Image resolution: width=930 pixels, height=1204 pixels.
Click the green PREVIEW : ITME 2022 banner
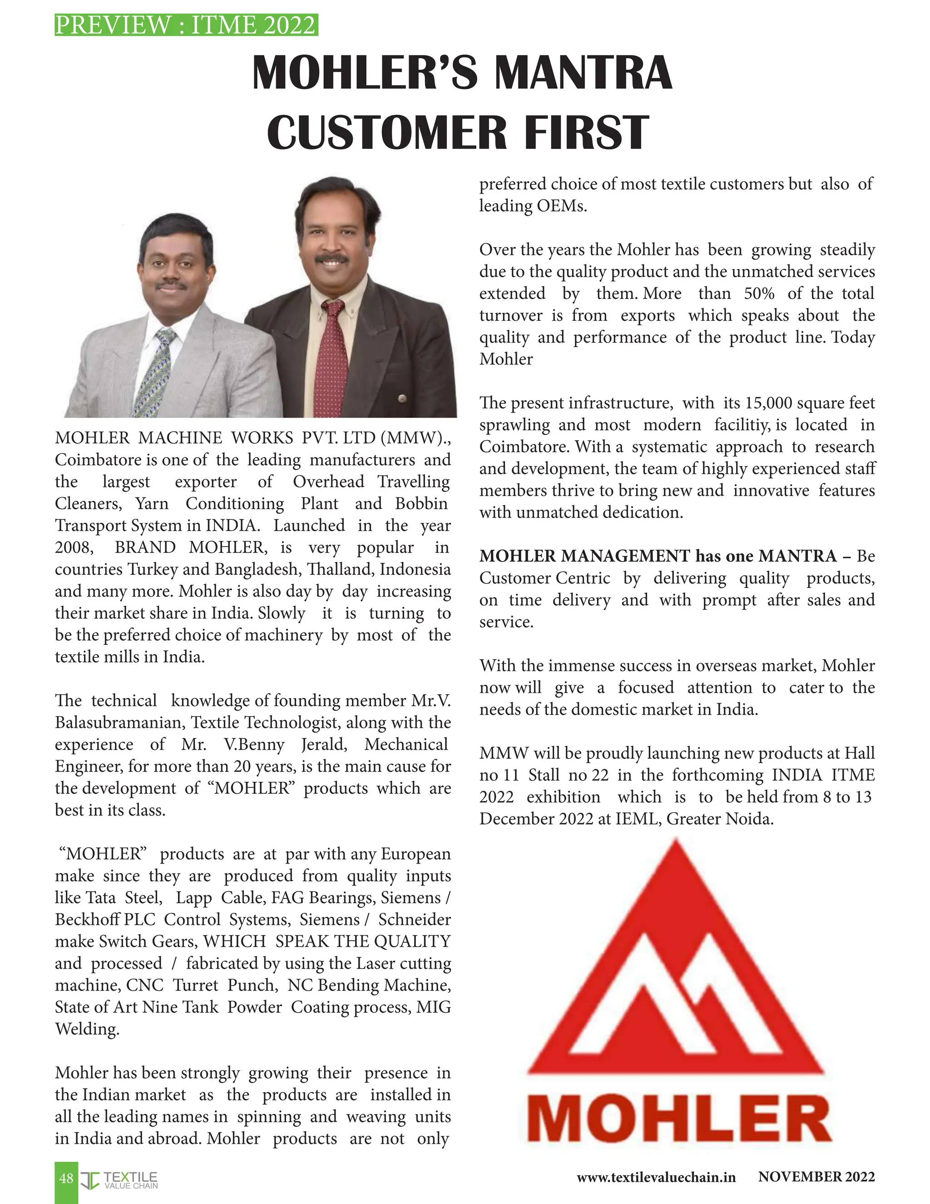186,25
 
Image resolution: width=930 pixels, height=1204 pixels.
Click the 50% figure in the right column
759,294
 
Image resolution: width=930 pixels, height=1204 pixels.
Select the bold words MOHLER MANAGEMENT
584,556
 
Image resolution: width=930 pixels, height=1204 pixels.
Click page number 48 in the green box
66,1178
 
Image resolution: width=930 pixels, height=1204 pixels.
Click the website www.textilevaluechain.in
656,1178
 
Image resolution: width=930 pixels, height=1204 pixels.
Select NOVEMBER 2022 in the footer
816,1177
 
